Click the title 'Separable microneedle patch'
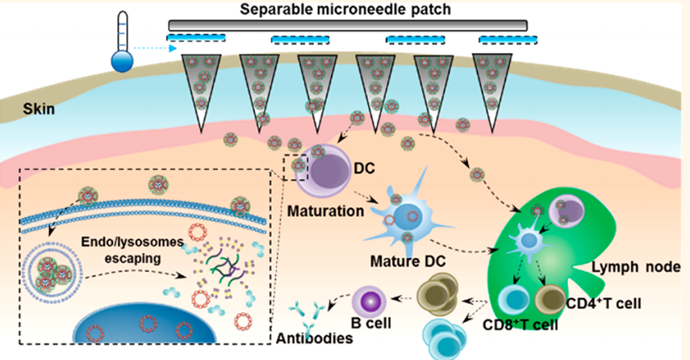(x=347, y=10)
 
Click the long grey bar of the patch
(x=347, y=26)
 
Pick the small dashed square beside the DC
(x=296, y=168)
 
